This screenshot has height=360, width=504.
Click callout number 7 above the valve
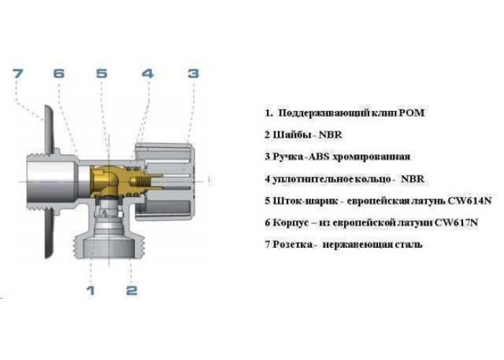coord(18,73)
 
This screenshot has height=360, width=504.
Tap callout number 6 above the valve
coord(59,73)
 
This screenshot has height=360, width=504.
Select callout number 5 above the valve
coord(102,73)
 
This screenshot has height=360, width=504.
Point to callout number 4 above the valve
coord(148,73)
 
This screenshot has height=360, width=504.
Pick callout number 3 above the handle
coord(194,73)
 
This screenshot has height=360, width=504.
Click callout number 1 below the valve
coord(91,291)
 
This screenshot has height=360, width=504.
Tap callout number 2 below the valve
coord(132,291)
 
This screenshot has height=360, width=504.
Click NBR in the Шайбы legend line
coord(330,135)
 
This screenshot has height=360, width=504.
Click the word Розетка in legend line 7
coord(292,245)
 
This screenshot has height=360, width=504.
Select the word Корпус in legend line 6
coord(291,222)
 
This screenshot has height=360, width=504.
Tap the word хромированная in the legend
coord(372,157)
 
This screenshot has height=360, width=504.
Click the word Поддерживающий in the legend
coord(324,113)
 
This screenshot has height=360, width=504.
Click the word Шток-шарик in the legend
coord(306,201)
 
